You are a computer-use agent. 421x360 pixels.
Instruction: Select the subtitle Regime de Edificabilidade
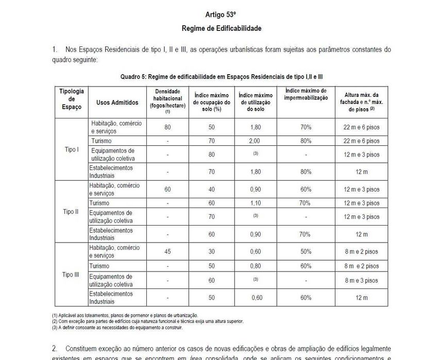coord(221,28)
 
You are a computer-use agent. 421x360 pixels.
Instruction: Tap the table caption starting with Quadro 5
coord(222,76)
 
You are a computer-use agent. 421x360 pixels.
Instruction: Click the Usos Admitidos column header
coord(117,102)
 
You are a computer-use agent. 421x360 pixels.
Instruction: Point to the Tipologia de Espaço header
coord(71,99)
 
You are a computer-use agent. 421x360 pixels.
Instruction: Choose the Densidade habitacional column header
coord(167,100)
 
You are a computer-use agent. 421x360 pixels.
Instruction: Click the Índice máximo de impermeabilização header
coord(306,94)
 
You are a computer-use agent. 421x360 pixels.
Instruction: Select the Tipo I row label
coord(71,150)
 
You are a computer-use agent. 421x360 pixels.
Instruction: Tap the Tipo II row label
coord(71,212)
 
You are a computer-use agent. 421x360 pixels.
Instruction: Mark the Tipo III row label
coord(71,275)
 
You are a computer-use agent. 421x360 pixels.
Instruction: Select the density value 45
coord(167,252)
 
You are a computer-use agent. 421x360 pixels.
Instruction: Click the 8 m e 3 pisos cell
coord(361,280)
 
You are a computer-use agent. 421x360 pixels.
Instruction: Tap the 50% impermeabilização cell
coord(306,252)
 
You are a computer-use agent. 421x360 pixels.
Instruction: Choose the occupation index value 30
coord(212,252)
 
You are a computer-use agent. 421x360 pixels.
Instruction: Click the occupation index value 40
coord(212,190)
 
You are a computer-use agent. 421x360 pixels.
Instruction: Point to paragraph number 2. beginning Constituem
coord(55,349)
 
